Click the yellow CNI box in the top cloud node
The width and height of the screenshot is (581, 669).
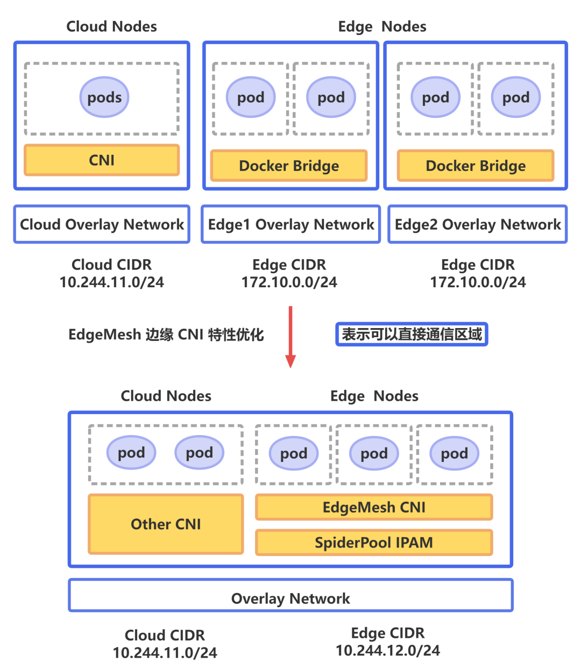point(102,160)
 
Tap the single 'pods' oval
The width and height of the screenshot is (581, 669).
point(104,97)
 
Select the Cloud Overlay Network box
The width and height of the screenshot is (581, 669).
point(102,224)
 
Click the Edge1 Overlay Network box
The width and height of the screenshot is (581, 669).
point(290,224)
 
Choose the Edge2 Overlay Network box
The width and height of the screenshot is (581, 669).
point(478,224)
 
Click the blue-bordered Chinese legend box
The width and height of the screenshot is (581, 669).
point(412,334)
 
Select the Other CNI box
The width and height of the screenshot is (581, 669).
point(166,524)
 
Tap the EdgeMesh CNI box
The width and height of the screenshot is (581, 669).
point(374,507)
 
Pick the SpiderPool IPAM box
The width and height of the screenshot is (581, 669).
point(374,543)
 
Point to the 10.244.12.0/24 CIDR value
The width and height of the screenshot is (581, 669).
point(388,651)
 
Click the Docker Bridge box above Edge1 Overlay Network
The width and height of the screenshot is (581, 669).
point(289,166)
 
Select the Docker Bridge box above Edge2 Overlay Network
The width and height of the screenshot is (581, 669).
point(476,166)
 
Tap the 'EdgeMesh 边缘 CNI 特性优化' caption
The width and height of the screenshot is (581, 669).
point(166,334)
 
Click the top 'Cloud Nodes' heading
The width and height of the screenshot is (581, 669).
point(111,26)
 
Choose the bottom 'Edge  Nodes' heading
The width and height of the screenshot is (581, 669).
point(374,396)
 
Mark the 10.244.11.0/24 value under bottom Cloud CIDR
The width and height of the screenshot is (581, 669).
point(165,653)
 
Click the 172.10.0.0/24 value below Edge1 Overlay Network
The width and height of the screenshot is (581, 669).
point(289,282)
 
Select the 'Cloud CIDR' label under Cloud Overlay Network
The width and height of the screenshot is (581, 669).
point(111,265)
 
